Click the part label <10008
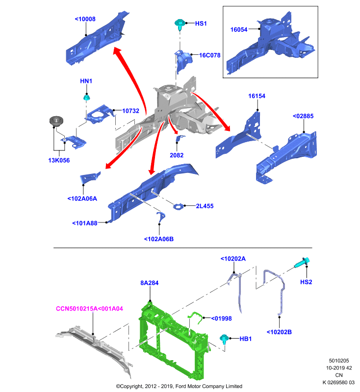85,19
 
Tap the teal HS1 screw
180,24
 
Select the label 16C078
209,55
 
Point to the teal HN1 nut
86,97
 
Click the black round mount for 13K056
56,121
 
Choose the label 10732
130,111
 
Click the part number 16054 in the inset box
239,30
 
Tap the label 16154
257,96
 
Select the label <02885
303,116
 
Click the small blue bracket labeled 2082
180,138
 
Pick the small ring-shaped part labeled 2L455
178,206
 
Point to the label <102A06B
158,239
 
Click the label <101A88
84,223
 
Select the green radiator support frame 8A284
173,340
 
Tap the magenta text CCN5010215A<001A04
89,309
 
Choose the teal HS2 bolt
303,263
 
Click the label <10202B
279,332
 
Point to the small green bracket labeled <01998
195,317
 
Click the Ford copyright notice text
179,386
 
